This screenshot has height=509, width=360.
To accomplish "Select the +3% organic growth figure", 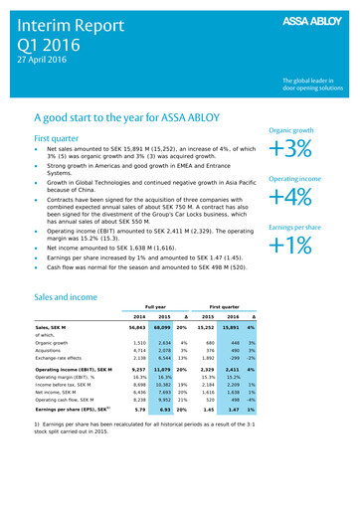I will (x=304, y=148).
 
